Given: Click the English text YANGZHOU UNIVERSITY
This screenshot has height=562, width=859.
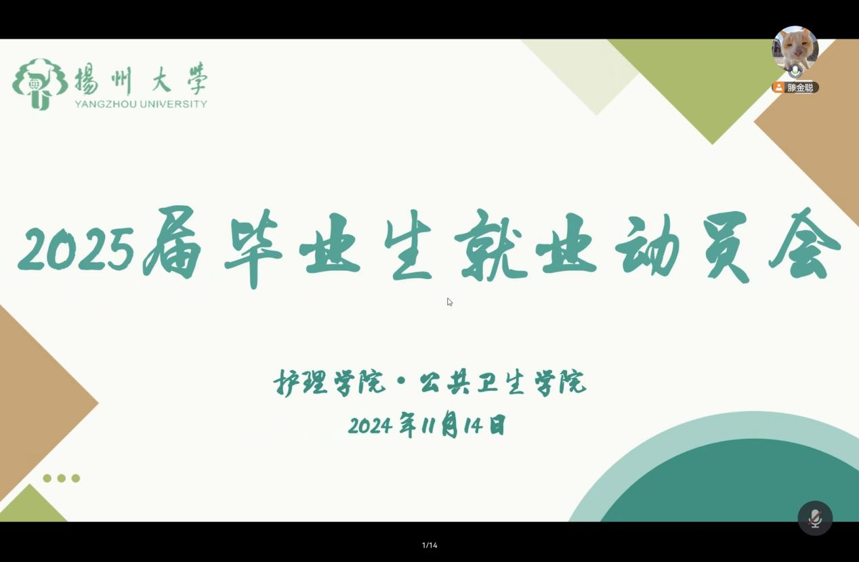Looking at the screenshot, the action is coord(141,104).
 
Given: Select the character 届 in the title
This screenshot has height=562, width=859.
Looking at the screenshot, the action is coord(172,243).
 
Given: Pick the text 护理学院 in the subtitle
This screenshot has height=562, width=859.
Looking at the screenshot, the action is coord(329,383).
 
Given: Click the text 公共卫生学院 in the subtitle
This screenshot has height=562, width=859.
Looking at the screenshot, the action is coord(503,383).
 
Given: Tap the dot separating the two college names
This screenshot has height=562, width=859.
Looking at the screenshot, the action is coord(402,382).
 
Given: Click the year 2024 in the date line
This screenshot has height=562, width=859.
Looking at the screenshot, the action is coord(370,425).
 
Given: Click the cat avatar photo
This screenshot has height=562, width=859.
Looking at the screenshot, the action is coord(795,49).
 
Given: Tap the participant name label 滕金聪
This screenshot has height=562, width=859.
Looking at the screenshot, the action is coord(800,88).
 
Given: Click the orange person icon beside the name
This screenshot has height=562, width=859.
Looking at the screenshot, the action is coord(778,88).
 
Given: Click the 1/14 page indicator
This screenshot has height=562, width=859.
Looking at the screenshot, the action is coord(429,545).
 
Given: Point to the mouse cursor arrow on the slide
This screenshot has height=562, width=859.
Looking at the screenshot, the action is coord(449,302).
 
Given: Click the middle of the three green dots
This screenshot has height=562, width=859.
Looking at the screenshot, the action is coord(62,478).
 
